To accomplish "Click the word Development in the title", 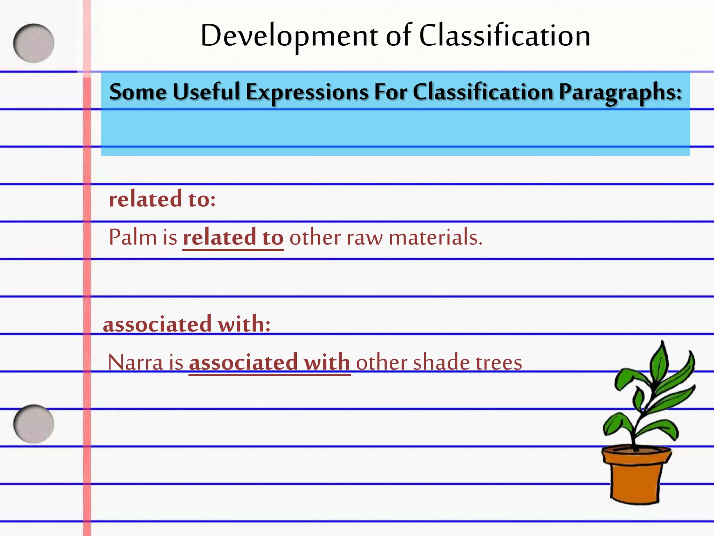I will (289, 36).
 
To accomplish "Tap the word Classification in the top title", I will (504, 36).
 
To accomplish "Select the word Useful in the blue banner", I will (206, 92).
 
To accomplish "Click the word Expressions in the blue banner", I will (307, 93).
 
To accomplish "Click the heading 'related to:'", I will (162, 199).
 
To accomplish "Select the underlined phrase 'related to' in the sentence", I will (233, 238).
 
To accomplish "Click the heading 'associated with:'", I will (187, 324).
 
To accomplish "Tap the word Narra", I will (136, 363).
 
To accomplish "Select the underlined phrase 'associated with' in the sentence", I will (269, 363).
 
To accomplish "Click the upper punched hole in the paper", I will (34, 43).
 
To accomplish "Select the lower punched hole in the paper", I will (34, 424).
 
